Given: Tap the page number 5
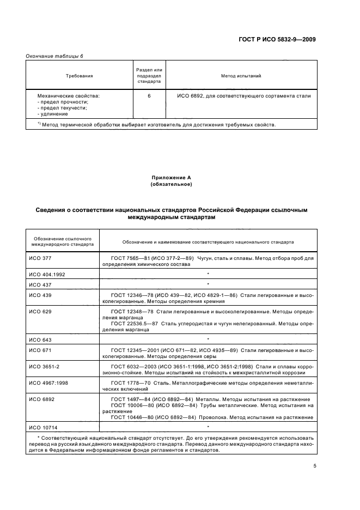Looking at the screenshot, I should [314, 465].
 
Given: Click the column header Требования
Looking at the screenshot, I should [80, 76].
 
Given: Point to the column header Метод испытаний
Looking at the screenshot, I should [241, 76].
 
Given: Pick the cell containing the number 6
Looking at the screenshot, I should [149, 96].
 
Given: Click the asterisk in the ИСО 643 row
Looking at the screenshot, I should [208, 339].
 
